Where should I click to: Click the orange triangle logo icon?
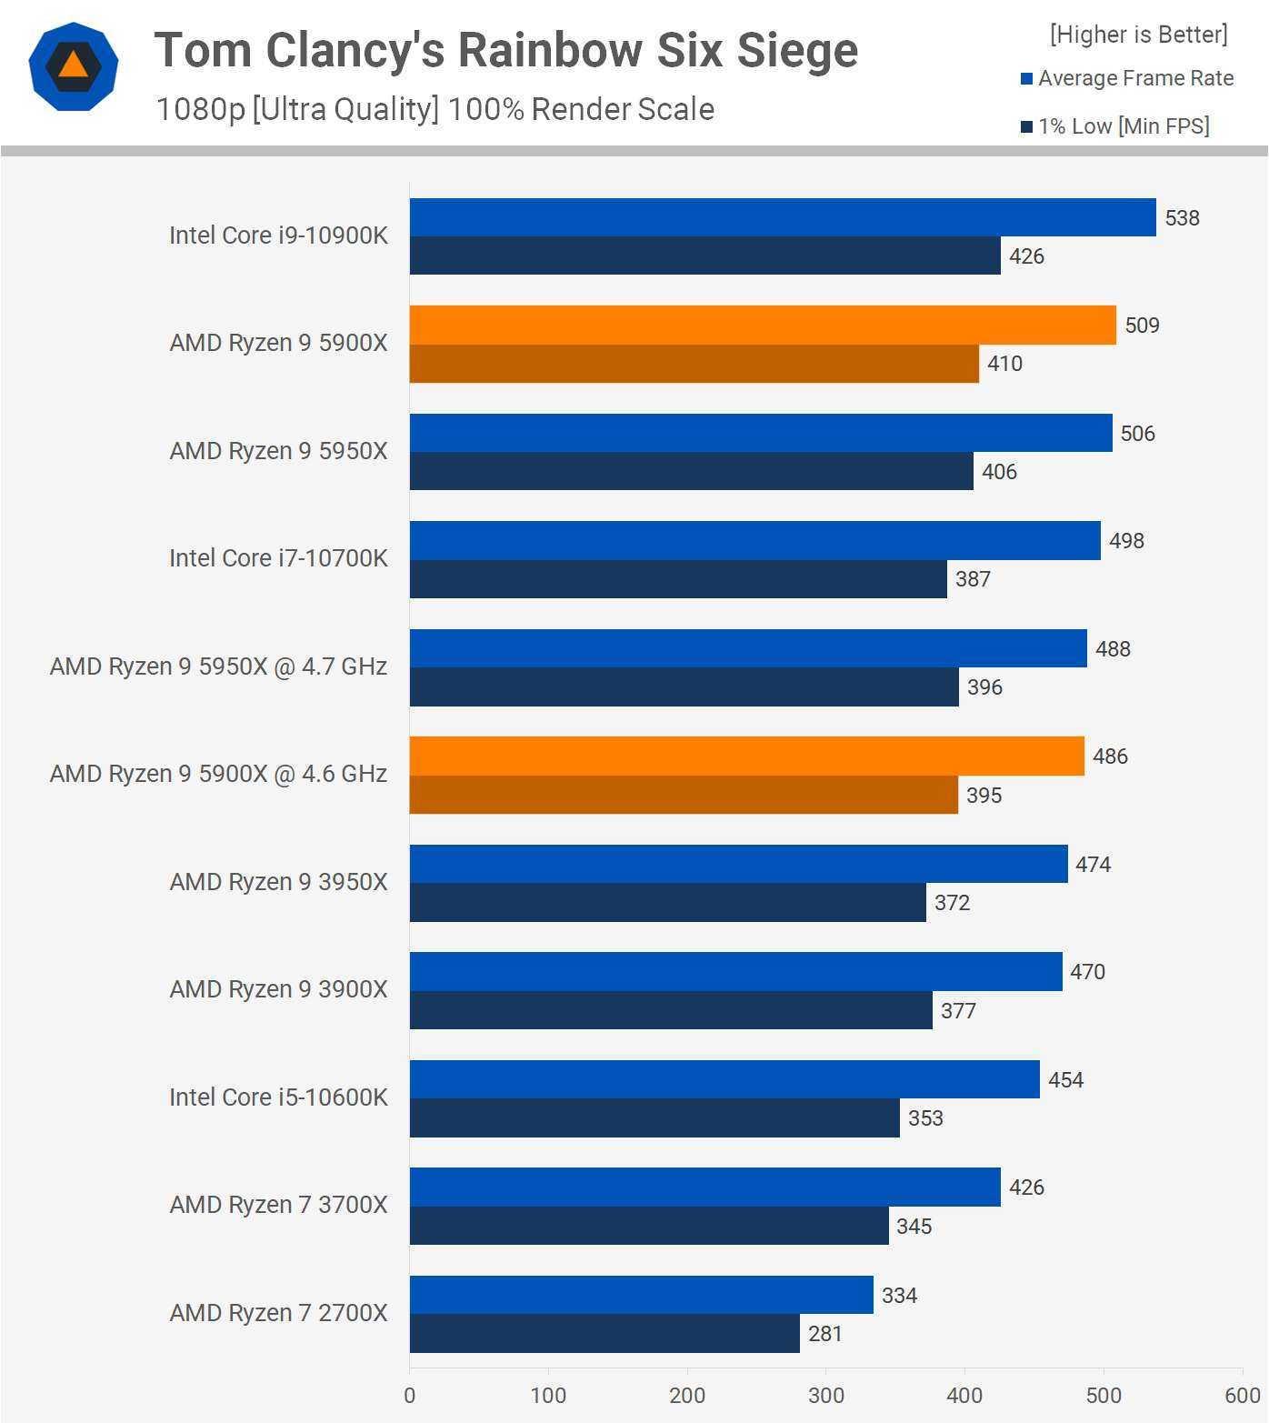pyautogui.click(x=73, y=65)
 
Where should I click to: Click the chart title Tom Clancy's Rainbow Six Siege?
pyautogui.click(x=505, y=50)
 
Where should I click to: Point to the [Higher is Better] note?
pyautogui.click(x=1138, y=35)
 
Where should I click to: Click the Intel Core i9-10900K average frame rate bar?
pyautogui.click(x=782, y=218)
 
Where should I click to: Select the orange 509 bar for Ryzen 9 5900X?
pyautogui.click(x=762, y=326)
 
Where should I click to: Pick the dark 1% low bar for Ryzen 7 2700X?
pyautogui.click(x=605, y=1333)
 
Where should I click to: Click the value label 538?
pyautogui.click(x=1182, y=218)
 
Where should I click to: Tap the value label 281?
pyautogui.click(x=825, y=1334)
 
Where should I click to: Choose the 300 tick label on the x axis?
pyautogui.click(x=825, y=1396)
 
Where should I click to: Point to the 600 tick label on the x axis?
pyautogui.click(x=1242, y=1396)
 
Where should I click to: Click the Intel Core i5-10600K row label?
pyautogui.click(x=278, y=1097)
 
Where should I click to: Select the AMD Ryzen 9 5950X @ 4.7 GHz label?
pyautogui.click(x=218, y=666)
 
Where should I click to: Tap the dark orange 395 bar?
pyautogui.click(x=684, y=795)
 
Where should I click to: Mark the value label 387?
pyautogui.click(x=973, y=579)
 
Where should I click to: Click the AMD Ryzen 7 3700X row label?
pyautogui.click(x=278, y=1205)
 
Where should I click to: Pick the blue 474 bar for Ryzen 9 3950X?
pyautogui.click(x=738, y=864)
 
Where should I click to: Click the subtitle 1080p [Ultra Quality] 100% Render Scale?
pyautogui.click(x=435, y=109)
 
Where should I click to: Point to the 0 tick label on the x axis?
pyautogui.click(x=410, y=1396)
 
